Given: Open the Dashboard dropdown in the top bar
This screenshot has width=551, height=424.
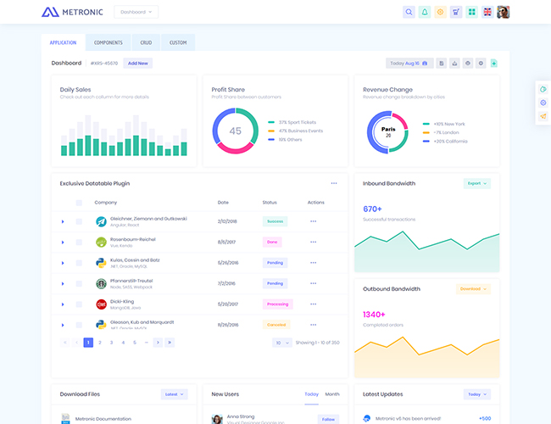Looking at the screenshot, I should point(136,12).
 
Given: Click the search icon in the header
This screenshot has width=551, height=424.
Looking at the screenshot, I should point(409,12).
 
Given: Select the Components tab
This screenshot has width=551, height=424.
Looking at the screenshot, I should point(108,42).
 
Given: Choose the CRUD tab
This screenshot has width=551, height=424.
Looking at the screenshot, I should point(146,42).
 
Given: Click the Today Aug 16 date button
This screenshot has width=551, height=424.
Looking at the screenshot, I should point(409,63).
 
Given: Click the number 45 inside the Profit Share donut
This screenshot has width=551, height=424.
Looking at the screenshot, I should point(235,131).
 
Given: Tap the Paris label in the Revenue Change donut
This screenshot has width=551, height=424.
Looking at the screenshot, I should point(388,130).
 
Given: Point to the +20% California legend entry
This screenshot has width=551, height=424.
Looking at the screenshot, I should point(448,141).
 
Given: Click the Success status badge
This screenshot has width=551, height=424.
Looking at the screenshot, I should point(275,221).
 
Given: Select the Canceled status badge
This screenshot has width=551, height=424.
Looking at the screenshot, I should point(276,324).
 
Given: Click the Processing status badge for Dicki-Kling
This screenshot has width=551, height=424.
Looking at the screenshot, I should point(277,304).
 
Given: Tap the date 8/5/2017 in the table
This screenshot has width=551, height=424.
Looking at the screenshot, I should point(226,242).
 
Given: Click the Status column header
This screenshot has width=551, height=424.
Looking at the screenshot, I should point(270,203).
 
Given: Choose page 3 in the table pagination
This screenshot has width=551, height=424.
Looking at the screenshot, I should point(111,343).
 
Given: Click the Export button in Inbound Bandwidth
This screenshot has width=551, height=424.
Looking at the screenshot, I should point(476,183).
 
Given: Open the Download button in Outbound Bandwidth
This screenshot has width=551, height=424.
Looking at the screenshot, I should point(473,289).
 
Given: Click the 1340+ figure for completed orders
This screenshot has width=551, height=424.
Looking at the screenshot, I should point(374,315).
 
